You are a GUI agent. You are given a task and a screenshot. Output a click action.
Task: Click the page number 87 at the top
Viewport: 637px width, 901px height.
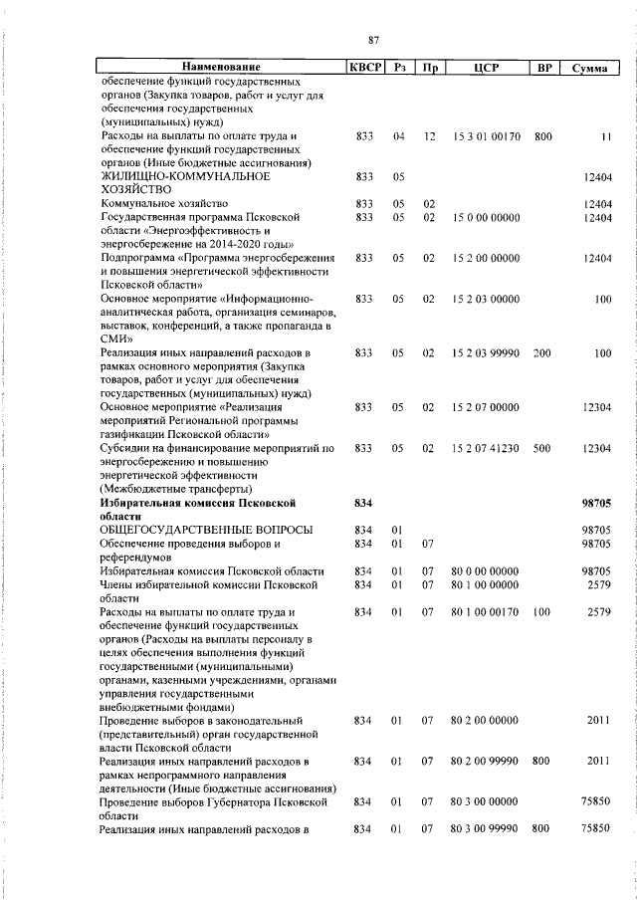373,39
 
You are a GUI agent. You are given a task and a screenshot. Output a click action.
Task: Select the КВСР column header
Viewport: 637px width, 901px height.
362,68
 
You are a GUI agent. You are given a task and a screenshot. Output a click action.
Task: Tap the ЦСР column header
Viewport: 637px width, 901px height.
486,68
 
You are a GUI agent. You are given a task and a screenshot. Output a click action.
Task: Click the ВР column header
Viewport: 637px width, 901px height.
543,68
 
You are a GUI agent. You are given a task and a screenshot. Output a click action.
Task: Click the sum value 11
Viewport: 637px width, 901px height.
604,135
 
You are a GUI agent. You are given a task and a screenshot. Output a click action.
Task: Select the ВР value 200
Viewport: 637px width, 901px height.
542,352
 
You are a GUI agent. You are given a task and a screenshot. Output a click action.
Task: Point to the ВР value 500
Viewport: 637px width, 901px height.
542,448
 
